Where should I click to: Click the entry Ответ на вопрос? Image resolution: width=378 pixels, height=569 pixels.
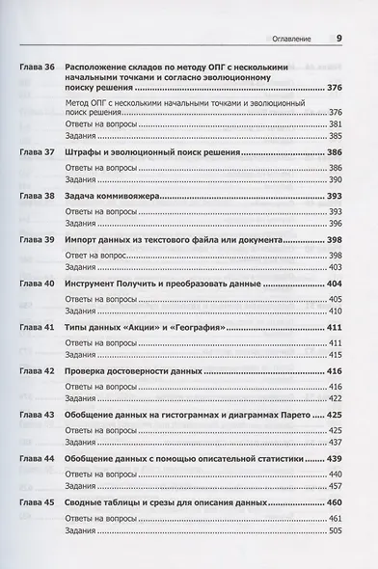click(x=96, y=254)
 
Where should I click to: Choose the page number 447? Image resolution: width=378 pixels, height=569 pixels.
click(x=336, y=488)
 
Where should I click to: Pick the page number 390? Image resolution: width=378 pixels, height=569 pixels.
click(x=336, y=179)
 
